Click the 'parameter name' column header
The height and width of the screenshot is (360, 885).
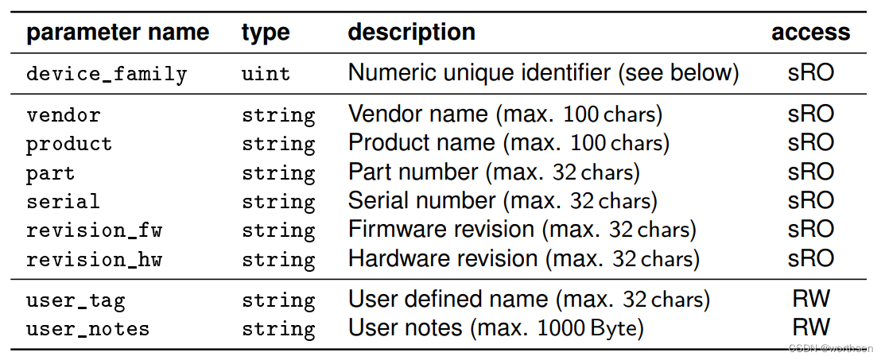[118, 33]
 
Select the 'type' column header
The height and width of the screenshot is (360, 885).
[266, 33]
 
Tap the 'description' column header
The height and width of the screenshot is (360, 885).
[412, 33]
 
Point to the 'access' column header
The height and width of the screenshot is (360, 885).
[810, 33]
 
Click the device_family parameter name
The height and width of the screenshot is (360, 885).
[107, 75]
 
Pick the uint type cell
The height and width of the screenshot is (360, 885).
[266, 75]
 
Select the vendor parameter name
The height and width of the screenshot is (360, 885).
[64, 115]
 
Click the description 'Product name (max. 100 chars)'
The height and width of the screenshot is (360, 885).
[509, 143]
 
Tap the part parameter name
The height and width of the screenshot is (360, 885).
[50, 173]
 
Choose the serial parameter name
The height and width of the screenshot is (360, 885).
[64, 202]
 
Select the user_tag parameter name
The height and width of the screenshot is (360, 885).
[76, 301]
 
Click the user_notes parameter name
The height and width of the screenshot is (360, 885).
[87, 329]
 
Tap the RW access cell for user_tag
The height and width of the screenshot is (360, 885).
[811, 300]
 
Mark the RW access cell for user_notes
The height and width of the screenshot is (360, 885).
[811, 327]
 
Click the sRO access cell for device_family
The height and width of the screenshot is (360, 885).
[811, 73]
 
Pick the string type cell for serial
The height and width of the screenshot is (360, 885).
[278, 202]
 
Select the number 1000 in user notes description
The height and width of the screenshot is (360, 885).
[558, 328]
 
